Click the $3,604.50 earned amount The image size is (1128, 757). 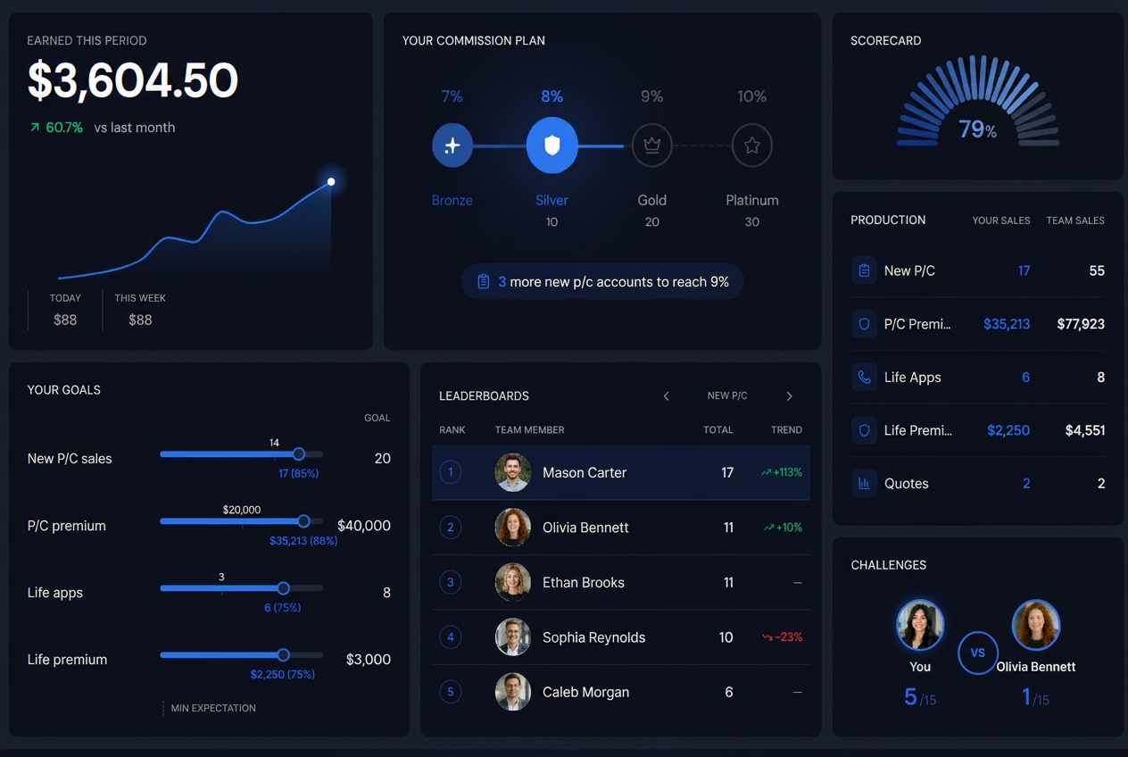click(132, 80)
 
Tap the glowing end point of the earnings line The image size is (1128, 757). click(331, 182)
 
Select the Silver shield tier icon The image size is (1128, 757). click(552, 145)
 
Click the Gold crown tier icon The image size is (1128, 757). click(652, 145)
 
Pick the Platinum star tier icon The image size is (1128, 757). click(751, 145)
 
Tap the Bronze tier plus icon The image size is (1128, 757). click(452, 145)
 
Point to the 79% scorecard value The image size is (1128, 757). click(977, 129)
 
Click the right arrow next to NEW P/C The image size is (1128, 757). click(789, 396)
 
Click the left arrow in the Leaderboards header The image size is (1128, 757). click(667, 396)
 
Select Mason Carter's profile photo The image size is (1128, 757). click(512, 472)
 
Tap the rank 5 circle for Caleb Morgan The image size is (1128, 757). click(450, 692)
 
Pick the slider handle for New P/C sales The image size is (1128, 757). click(299, 453)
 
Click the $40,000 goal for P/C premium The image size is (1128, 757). click(363, 525)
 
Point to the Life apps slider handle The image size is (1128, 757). click(284, 587)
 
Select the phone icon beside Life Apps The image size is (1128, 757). click(864, 378)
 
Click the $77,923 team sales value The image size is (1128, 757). click(1081, 324)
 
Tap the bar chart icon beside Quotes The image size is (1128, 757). click(864, 484)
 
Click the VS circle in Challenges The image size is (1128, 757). click(977, 653)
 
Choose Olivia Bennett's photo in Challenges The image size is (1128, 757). click(1036, 625)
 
